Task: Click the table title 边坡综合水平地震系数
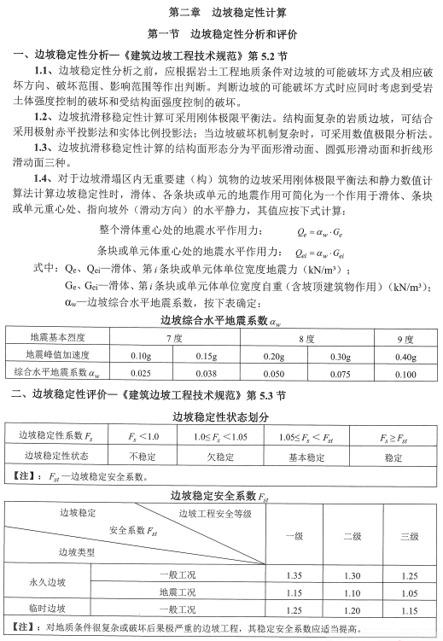(220, 321)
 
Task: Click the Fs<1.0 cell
(137, 436)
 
